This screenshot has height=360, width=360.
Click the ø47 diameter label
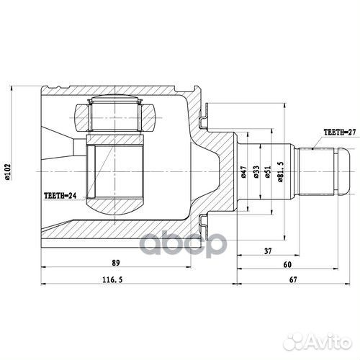click(244, 172)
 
